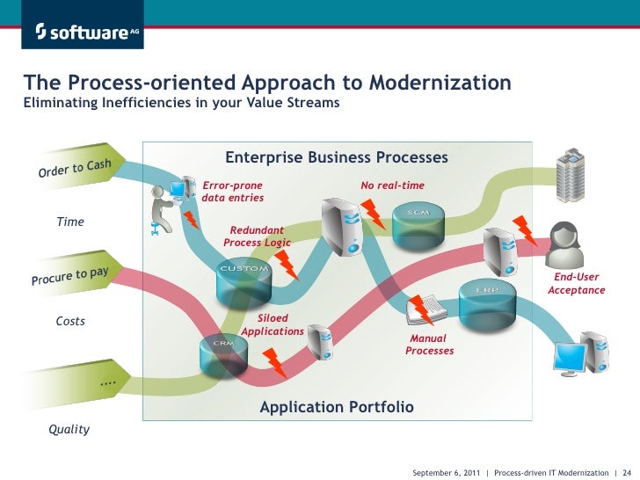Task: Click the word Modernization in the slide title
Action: tap(440, 83)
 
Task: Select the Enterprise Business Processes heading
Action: tap(336, 157)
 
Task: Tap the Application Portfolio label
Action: tap(336, 407)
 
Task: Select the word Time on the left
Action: tap(70, 222)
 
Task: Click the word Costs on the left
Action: tap(70, 321)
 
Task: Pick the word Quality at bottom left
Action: tap(69, 430)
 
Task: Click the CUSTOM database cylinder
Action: tap(244, 279)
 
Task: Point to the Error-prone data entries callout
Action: tap(233, 192)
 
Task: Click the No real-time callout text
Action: tap(392, 185)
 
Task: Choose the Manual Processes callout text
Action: tap(429, 345)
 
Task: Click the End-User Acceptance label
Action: tap(577, 283)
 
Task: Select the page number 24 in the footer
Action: tap(628, 472)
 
